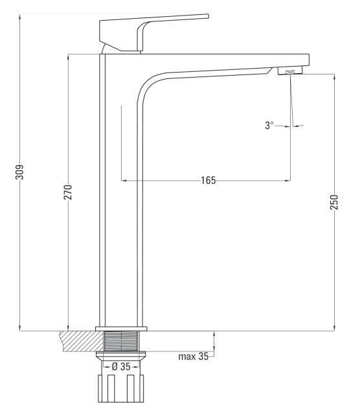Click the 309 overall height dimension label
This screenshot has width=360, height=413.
19,172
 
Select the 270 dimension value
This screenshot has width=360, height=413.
68,192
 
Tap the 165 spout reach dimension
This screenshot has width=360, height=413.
208,181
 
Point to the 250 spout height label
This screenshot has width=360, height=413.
334,202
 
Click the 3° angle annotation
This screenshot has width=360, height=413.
269,125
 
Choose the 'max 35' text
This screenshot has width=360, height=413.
194,357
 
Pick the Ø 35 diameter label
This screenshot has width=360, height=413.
121,366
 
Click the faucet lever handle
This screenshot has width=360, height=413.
148,32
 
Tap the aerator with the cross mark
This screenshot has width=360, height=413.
290,71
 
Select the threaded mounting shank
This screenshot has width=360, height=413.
121,341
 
